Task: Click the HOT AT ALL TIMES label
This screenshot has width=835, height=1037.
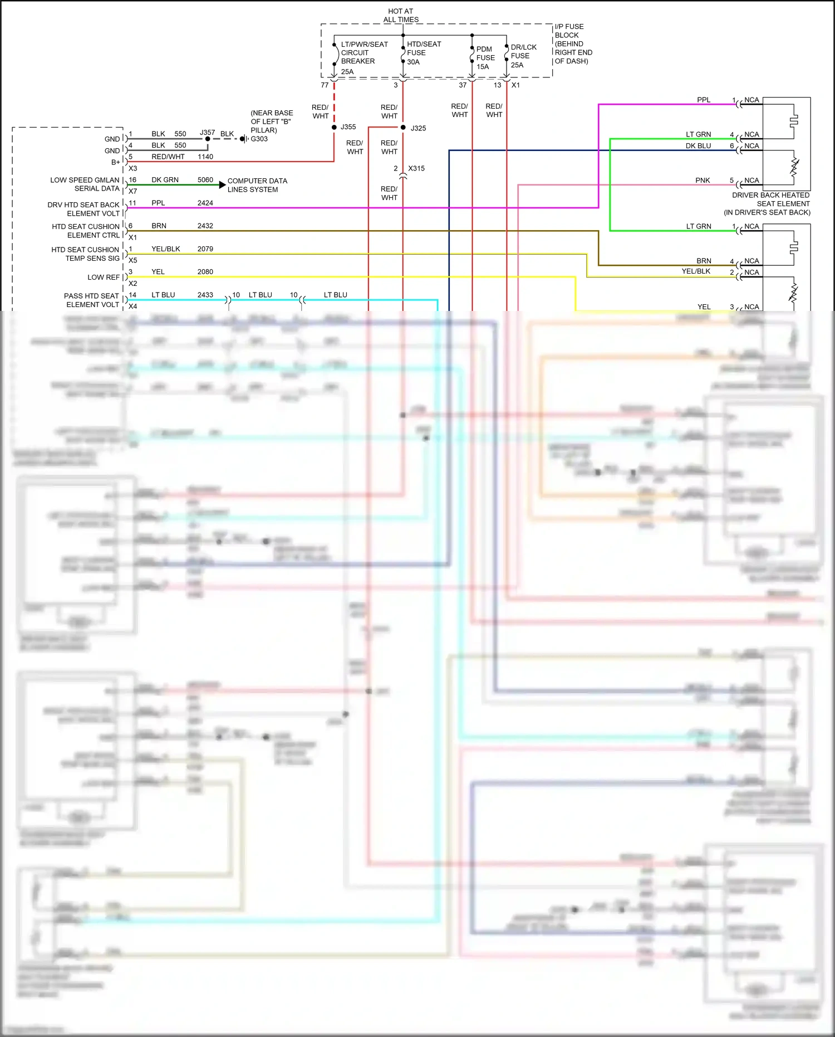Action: point(400,15)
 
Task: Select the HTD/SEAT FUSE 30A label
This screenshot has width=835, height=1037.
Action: point(423,53)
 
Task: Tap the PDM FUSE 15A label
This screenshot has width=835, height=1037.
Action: point(485,58)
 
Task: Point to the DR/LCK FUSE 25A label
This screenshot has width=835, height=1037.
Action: point(523,56)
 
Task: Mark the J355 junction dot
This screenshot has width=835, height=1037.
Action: point(334,128)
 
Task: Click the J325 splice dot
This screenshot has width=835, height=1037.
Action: point(403,128)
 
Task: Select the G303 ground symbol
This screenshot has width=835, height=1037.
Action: point(244,139)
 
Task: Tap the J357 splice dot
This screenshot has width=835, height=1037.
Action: point(208,139)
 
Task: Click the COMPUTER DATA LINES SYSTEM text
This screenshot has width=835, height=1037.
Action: point(257,185)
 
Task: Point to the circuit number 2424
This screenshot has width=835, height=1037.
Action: point(205,203)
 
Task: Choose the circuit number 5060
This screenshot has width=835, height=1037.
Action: point(205,180)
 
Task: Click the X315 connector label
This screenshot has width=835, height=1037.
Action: point(416,168)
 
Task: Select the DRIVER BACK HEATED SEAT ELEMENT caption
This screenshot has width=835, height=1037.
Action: point(769,203)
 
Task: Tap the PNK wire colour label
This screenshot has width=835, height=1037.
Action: point(703,181)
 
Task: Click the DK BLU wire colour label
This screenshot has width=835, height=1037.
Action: point(698,146)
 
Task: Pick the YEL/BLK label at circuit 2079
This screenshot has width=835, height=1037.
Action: point(165,249)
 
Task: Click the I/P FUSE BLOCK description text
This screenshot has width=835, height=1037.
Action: point(573,43)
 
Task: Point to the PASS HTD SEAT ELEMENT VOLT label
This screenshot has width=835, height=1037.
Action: point(92,300)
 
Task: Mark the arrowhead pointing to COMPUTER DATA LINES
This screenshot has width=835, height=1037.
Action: point(223,184)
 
